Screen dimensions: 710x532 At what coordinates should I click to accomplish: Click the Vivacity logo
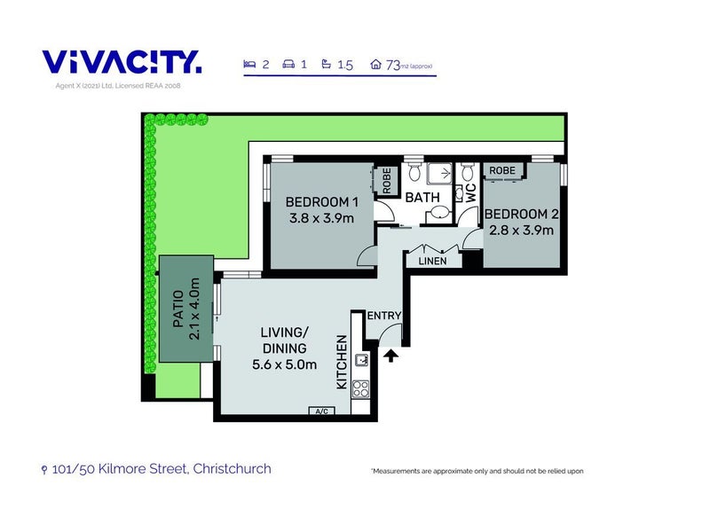pos(122,62)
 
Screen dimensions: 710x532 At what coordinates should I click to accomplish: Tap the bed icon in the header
pos(249,64)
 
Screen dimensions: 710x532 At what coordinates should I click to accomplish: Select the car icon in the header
pos(288,64)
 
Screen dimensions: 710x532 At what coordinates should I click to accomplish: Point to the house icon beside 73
pos(375,64)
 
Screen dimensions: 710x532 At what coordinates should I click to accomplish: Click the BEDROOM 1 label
pos(322,202)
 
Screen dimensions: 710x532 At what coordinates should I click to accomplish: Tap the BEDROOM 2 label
pos(522,214)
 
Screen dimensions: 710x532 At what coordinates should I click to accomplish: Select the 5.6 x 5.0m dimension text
pos(284,364)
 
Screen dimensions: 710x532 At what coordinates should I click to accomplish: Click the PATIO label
pos(178,309)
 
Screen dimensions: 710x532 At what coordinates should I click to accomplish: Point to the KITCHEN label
pos(342,362)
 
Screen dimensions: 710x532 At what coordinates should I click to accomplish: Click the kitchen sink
pos(362,360)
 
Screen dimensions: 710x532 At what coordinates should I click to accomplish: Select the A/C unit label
pos(322,411)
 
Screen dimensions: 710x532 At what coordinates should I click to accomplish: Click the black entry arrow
pos(390,356)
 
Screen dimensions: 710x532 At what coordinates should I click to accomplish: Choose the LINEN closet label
pos(432,261)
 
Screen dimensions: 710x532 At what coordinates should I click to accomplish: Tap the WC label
pos(471,193)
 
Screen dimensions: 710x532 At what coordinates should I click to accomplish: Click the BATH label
pos(422,197)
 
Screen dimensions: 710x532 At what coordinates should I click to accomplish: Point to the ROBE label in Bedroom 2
pos(502,170)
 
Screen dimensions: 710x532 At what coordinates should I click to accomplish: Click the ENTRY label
pos(384,316)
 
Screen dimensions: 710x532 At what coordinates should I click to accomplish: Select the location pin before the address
pos(43,470)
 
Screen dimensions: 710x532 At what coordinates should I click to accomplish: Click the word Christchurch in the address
pos(232,469)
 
